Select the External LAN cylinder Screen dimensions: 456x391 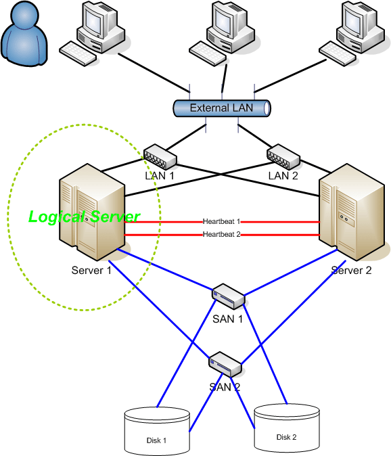(x=221, y=108)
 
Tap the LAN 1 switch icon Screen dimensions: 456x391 (x=159, y=156)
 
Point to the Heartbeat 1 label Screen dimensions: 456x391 (x=221, y=221)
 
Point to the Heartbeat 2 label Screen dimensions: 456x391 (x=221, y=235)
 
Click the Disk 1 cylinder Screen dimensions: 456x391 (x=156, y=430)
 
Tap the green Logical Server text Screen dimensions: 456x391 (x=84, y=217)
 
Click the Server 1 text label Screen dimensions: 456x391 (x=91, y=271)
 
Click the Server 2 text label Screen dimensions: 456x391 (x=351, y=271)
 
